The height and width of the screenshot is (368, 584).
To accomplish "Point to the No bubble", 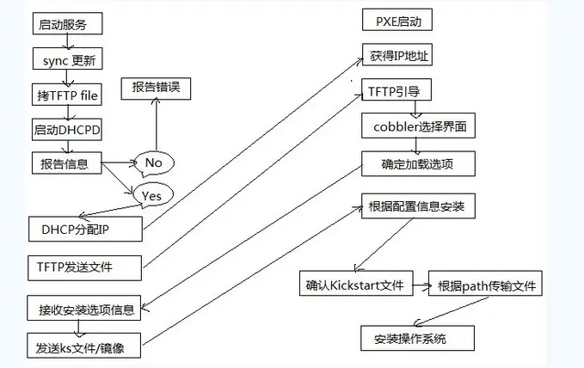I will [154, 163].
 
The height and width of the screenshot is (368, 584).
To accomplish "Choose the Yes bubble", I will [151, 195].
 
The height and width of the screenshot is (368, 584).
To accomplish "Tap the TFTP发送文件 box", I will [82, 267].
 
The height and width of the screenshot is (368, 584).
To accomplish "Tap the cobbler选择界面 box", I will [418, 126].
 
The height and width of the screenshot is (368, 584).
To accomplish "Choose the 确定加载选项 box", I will [418, 163].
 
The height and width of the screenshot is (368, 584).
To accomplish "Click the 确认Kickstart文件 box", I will [355, 285].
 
